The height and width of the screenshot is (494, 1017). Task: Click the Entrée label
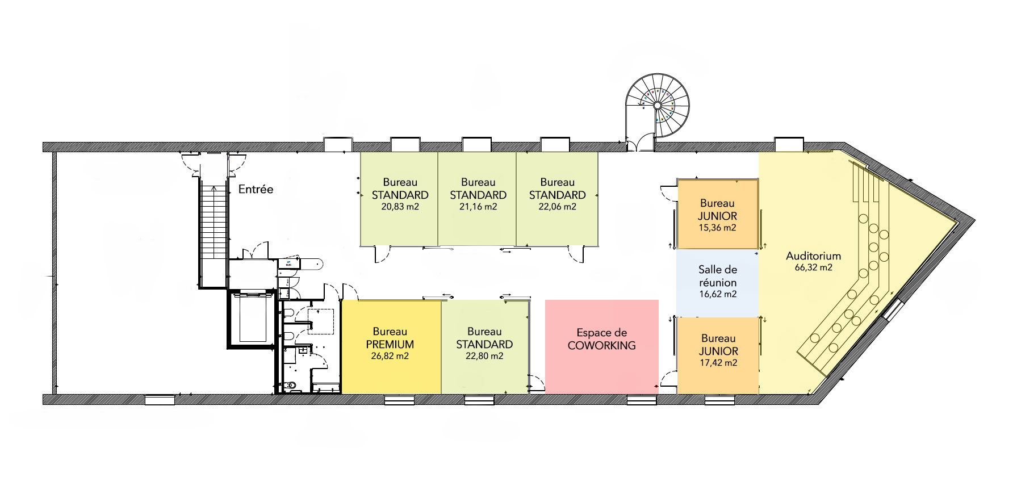256,189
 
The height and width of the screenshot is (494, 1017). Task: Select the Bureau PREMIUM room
391,347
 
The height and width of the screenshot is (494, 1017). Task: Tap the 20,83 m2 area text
400,207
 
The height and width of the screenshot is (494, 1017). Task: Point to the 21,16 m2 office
477,199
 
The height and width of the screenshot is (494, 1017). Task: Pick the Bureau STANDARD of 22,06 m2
557,199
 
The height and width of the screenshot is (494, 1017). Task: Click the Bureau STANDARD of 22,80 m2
484,347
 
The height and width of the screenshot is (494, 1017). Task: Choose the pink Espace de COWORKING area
602,347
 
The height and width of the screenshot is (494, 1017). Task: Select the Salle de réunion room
718,283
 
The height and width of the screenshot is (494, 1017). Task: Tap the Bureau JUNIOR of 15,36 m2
718,214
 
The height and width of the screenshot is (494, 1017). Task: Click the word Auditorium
813,256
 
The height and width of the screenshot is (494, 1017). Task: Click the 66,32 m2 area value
813,267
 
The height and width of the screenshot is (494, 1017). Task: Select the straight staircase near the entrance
214,236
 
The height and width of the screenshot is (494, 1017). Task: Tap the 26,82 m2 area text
390,357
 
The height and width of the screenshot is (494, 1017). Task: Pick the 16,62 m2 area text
718,294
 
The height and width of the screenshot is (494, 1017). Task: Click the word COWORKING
602,345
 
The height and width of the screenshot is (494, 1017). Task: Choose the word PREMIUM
390,344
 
